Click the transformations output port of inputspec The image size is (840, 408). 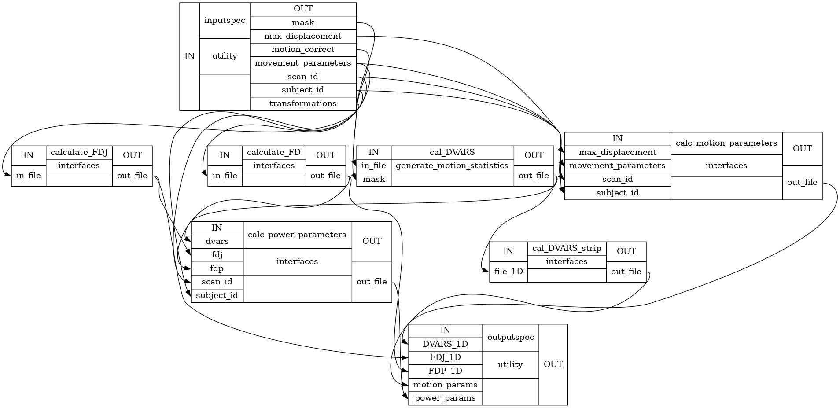(x=303, y=103)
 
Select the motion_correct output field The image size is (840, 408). (x=303, y=49)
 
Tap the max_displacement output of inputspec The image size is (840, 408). (x=303, y=36)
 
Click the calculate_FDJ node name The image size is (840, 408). (x=79, y=152)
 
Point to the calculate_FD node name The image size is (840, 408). (x=274, y=152)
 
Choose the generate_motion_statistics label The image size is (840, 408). (x=452, y=165)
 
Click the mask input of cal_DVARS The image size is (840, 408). (x=374, y=179)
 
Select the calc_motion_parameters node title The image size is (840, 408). (x=726, y=143)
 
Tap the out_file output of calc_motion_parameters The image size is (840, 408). (x=802, y=182)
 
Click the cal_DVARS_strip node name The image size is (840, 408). (x=567, y=248)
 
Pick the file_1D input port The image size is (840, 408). (x=508, y=272)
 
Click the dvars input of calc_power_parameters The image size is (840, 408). (x=217, y=241)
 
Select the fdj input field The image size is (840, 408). (x=217, y=255)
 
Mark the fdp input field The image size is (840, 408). (x=217, y=268)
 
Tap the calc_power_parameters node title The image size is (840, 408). (x=297, y=235)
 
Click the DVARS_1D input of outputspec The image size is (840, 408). (x=445, y=344)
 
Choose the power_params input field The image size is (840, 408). (x=445, y=398)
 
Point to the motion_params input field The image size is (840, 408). (x=445, y=385)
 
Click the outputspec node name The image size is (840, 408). (x=510, y=337)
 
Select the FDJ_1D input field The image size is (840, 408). (x=445, y=357)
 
